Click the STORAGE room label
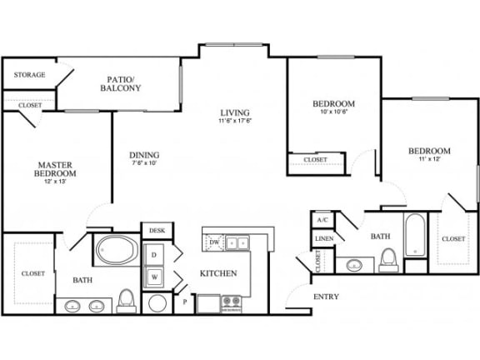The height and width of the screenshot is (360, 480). click(29, 75)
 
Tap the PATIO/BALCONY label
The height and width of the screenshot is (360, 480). click(121, 83)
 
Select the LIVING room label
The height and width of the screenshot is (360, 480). click(235, 112)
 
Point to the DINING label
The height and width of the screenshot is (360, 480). click(144, 155)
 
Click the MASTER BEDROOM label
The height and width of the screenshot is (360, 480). click(55, 169)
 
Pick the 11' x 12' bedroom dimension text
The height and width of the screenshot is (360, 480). click(429, 161)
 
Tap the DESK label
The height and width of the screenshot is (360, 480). click(156, 231)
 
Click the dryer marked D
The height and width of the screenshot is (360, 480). click(154, 254)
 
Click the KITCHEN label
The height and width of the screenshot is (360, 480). click(218, 273)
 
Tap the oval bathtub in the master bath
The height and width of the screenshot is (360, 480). click(111, 247)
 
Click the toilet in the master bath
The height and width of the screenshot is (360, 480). click(127, 298)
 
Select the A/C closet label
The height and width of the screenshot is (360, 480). click(322, 220)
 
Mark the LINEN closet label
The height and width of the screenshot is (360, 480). click(324, 238)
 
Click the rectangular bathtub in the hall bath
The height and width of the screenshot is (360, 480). click(415, 236)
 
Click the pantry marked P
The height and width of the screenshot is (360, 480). click(184, 302)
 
